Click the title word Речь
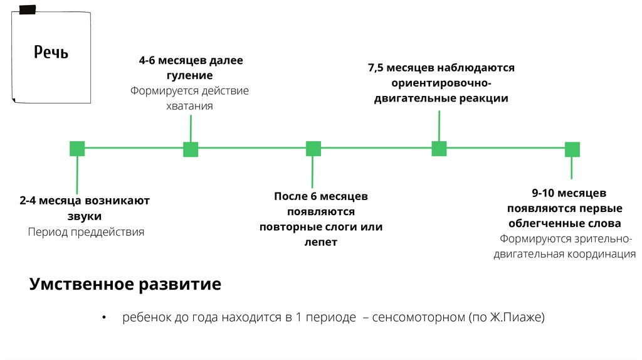point(51,52)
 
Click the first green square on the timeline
point(77,149)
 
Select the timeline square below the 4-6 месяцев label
point(191,149)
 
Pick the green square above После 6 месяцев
point(313,149)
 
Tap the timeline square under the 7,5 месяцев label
point(439,149)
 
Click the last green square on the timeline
point(572,149)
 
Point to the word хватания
point(189,106)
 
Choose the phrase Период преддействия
point(86,232)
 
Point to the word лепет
point(321,242)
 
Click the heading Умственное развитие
point(125,285)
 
